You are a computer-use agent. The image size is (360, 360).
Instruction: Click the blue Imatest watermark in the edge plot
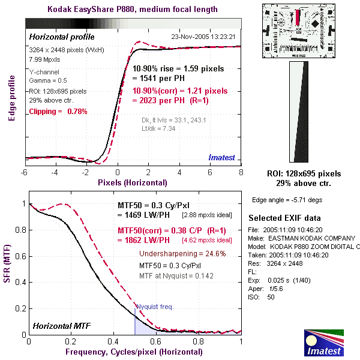click(222, 158)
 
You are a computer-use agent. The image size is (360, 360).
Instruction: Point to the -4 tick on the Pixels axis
click(55, 172)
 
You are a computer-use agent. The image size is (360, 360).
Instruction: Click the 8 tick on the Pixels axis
click(241, 172)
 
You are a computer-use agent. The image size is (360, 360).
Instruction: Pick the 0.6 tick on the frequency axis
click(156, 341)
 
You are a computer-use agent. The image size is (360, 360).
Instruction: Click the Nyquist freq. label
click(155, 307)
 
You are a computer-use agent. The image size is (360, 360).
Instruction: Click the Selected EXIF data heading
click(284, 218)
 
